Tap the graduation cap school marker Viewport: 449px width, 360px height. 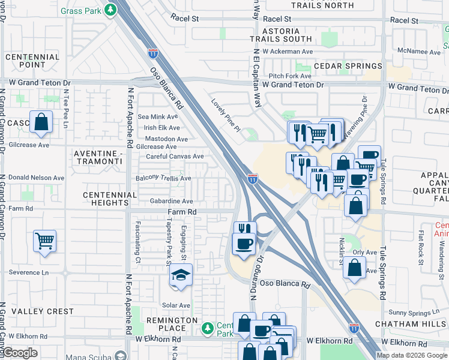click(180, 275)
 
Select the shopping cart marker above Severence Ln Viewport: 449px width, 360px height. click(44, 241)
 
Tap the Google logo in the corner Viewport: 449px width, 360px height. click(20, 353)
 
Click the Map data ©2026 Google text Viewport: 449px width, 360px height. click(412, 355)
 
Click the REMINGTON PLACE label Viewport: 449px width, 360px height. click(172, 325)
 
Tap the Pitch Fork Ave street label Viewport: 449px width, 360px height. click(290, 76)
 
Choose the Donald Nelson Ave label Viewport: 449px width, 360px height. click(37, 178)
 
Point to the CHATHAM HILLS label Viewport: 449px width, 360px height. click(411, 324)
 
